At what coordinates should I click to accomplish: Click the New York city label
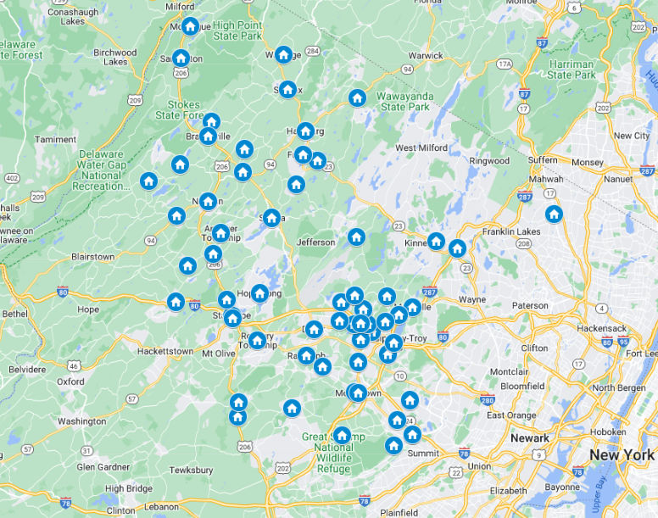coord(622,454)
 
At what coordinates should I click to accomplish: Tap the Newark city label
coord(530,438)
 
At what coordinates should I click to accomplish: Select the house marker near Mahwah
coord(554,214)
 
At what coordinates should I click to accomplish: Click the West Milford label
coord(421,148)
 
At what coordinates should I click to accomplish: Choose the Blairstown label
coord(92,256)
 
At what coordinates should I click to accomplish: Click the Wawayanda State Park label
coord(404,101)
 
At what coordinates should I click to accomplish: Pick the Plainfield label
coord(398,512)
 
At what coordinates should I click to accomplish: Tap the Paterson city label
coord(530,305)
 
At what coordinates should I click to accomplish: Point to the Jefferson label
coord(315,242)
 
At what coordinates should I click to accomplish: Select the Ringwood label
coord(490,160)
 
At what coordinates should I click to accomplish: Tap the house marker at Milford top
coord(190,26)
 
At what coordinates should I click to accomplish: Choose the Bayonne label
coord(561,487)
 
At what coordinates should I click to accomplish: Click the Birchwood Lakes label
coord(115,57)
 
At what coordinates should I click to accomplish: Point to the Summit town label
coord(424,454)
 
